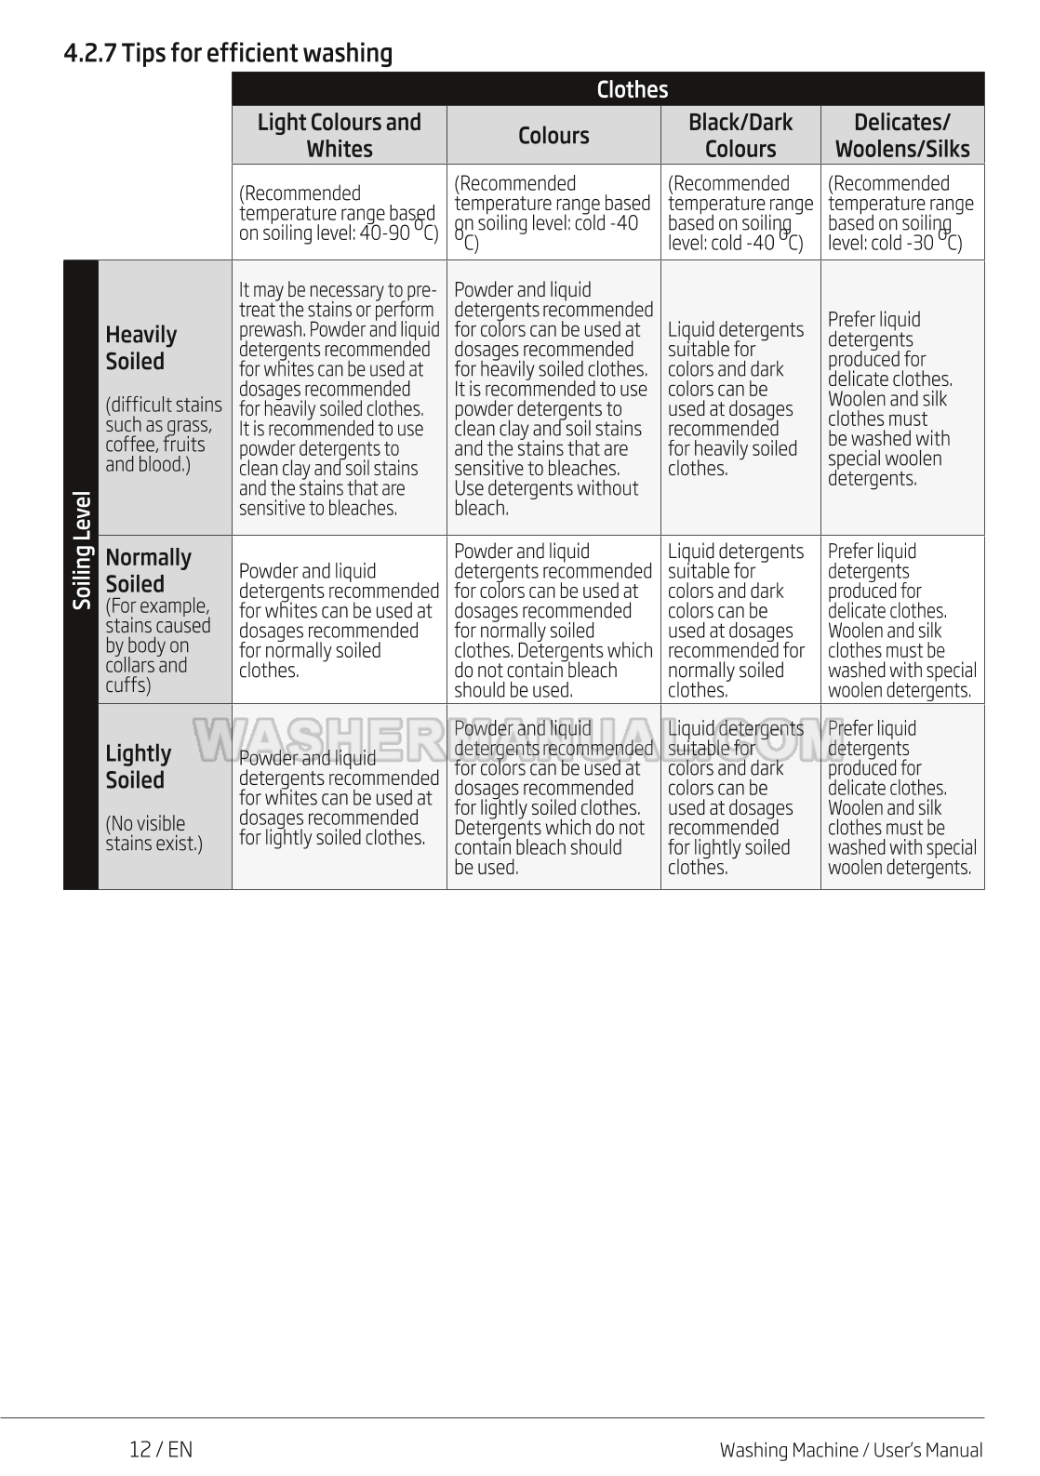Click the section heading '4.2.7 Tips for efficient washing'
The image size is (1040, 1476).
pos(228,53)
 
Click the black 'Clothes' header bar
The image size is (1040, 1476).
pos(632,89)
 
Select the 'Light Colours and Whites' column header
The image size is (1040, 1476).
pos(339,136)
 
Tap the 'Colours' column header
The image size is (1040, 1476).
pos(553,136)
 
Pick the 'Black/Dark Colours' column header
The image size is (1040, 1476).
pos(740,136)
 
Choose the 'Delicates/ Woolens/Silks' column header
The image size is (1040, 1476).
pos(901,136)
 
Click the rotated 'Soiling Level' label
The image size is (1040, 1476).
pos(82,551)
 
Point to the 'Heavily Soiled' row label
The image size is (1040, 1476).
pos(140,348)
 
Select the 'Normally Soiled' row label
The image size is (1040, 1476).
pos(149,570)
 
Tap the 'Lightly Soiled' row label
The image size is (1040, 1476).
pos(139,766)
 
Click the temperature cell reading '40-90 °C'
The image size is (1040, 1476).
pos(339,213)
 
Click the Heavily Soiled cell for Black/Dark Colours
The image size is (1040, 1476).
pos(740,399)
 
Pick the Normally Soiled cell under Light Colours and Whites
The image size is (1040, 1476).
pos(339,620)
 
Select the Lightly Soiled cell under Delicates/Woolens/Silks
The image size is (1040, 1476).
pos(901,798)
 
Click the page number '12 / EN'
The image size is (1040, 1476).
pos(161,1449)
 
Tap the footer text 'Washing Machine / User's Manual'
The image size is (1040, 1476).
pos(850,1450)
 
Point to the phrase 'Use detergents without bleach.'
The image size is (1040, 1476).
pos(546,499)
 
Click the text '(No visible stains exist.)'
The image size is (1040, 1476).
pos(153,833)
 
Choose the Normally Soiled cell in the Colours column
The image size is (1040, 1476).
pos(553,620)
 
